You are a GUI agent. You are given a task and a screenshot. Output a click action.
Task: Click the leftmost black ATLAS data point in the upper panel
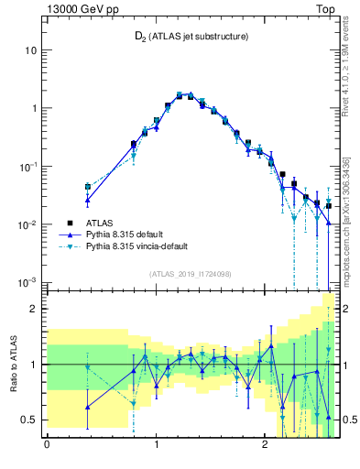88,187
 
